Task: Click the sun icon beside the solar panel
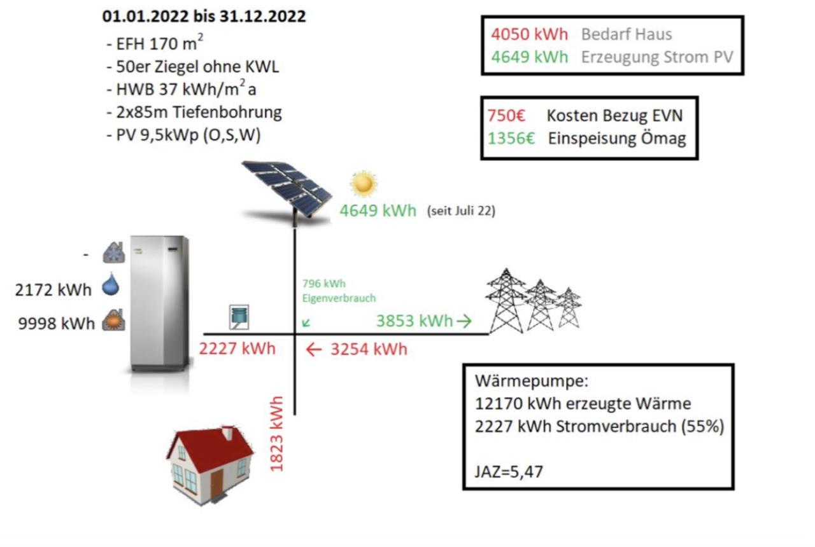coord(363,184)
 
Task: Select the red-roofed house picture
coord(210,465)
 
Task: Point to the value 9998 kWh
coord(57,324)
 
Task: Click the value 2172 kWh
coord(53,290)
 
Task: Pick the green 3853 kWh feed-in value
coord(415,321)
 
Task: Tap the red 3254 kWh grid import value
coord(369,349)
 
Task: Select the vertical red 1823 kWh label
coord(276,434)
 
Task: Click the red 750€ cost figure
coord(506,116)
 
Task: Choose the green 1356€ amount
coord(511,139)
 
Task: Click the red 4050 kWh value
coord(529,34)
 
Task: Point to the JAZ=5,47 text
coord(509,471)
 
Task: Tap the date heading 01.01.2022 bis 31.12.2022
coord(204,17)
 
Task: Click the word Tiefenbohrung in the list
coord(227,113)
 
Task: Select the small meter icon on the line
coord(239,317)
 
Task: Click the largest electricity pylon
coord(506,301)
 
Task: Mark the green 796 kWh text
coord(324,284)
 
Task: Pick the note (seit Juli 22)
coord(462,211)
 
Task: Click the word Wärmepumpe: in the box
coord(532,381)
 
